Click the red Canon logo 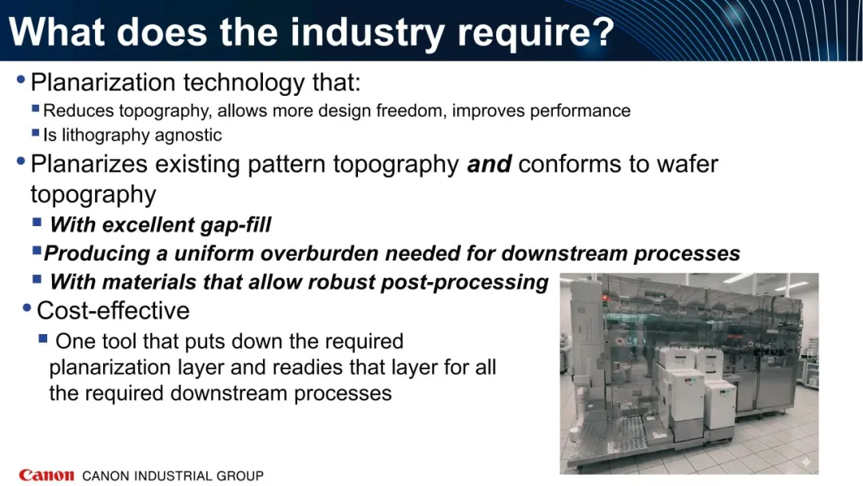point(46,475)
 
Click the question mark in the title point(603,31)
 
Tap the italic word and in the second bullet point(489,164)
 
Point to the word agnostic point(189,135)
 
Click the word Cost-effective point(113,310)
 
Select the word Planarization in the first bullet point(103,82)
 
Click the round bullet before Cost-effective point(26,308)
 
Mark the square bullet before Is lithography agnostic point(36,133)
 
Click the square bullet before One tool point(43,338)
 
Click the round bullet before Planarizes point(22,161)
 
